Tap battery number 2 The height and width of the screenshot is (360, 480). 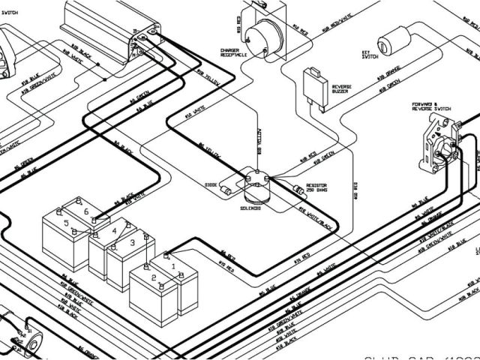click(x=154, y=277)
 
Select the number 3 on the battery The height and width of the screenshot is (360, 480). click(x=132, y=242)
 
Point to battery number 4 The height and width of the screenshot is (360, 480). click(x=115, y=231)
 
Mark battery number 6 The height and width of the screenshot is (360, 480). click(x=86, y=212)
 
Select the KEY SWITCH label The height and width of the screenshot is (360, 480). click(x=370, y=57)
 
